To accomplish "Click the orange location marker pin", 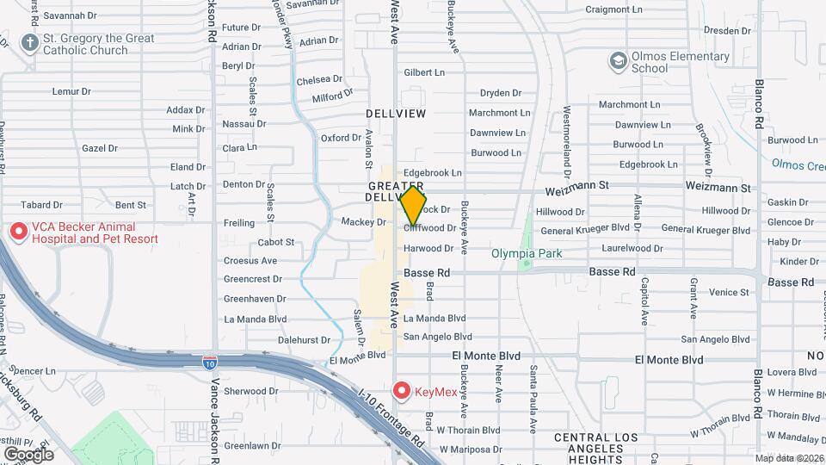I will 413,206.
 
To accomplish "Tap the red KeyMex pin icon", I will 402,390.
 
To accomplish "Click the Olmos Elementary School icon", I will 618,61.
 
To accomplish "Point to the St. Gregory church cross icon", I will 30,43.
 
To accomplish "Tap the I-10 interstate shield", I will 210,363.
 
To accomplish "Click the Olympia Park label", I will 526,253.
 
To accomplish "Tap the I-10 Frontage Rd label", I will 391,417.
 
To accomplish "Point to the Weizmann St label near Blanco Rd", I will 718,187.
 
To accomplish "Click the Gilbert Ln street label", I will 424,72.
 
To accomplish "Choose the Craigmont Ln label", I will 614,10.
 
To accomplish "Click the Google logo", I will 28,454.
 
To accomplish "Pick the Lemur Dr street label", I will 71,90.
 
